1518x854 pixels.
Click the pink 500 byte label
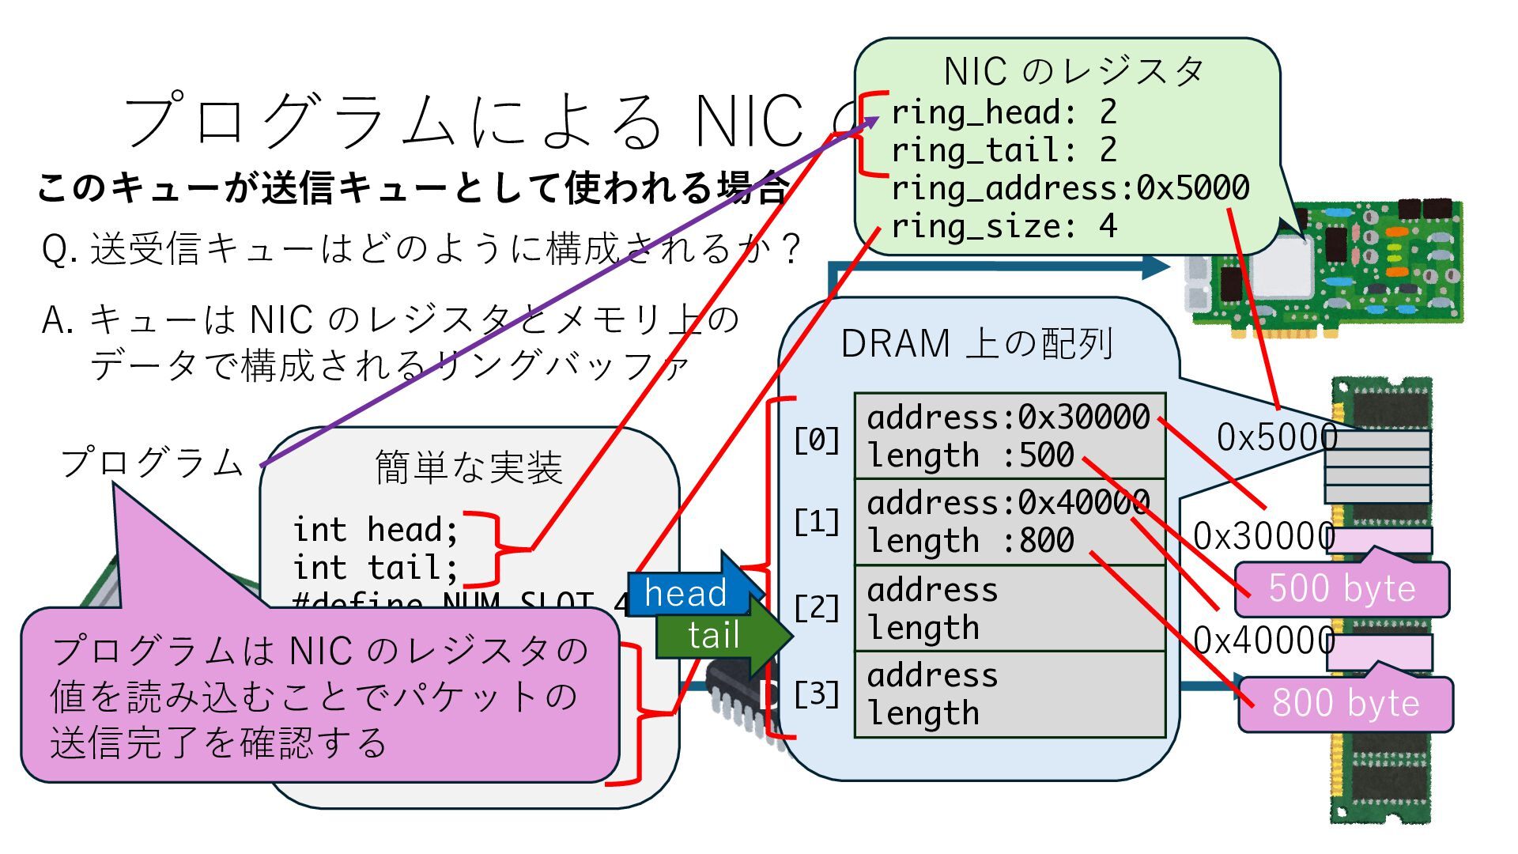click(x=1342, y=589)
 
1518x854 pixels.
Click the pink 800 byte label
click(x=1345, y=703)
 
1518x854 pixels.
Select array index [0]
click(x=817, y=440)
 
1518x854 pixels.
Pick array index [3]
click(x=817, y=694)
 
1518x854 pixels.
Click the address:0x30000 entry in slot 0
click(x=1008, y=418)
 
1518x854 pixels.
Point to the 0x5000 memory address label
click(x=1276, y=437)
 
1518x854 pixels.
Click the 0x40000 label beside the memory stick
click(x=1263, y=640)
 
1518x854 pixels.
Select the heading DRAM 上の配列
click(x=977, y=344)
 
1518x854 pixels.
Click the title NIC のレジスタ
click(x=1074, y=72)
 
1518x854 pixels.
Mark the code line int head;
click(x=375, y=530)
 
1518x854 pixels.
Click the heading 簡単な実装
click(x=469, y=467)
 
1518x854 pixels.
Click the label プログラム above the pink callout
click(x=152, y=463)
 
